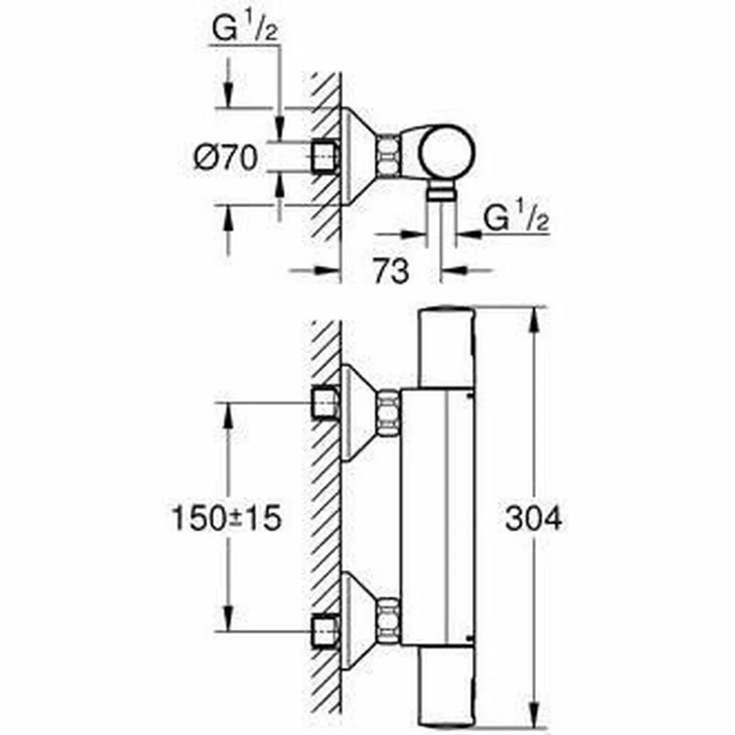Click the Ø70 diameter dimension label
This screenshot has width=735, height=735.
(225, 159)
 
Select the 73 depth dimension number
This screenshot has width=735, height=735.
(391, 270)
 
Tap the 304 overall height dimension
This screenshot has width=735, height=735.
(533, 519)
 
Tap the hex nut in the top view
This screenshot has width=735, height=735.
(387, 156)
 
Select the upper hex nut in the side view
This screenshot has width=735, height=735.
(387, 413)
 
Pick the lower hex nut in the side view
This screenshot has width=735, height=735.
(387, 620)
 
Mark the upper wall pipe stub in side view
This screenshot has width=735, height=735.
(325, 403)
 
